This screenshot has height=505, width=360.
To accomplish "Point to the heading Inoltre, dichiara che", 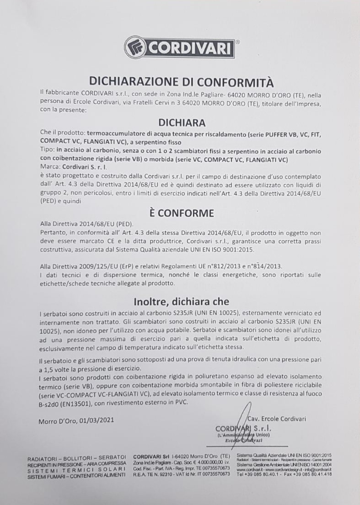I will (x=181, y=302).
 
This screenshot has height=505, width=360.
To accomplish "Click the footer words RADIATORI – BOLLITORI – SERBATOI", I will (x=77, y=457).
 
